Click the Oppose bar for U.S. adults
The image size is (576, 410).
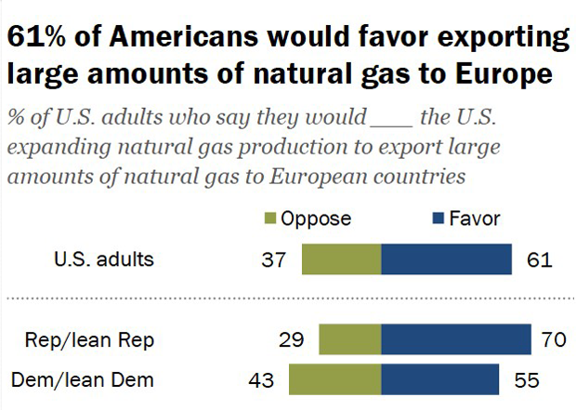click(x=341, y=259)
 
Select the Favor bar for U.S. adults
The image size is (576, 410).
click(x=446, y=259)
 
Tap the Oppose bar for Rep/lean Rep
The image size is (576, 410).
click(x=349, y=340)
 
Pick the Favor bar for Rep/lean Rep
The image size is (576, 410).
click(x=455, y=340)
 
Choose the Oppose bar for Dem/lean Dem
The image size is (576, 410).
click(x=334, y=380)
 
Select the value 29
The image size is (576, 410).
click(x=292, y=340)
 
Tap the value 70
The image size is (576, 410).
click(x=553, y=340)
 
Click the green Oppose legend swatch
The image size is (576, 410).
click(x=271, y=219)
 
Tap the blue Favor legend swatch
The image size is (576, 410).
click(x=435, y=219)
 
